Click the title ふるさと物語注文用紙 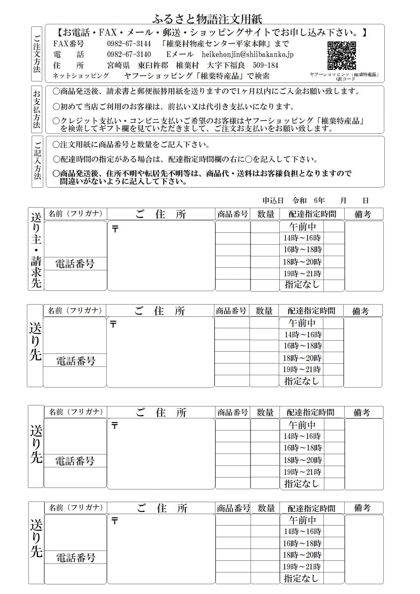point(207,19)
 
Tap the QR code point(342,56)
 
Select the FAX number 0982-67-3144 point(129,44)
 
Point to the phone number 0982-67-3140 point(129,54)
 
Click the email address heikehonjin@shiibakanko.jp point(247,54)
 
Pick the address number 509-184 point(265,65)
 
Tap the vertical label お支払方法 point(37,109)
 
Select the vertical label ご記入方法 point(37,161)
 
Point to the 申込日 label point(273,200)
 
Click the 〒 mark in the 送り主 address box point(115,229)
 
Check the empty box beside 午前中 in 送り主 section point(334,227)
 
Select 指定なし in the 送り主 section point(302,284)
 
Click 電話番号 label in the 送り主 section point(75,264)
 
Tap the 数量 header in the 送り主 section point(265,214)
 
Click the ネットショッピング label point(81,76)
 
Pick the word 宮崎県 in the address point(118,65)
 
